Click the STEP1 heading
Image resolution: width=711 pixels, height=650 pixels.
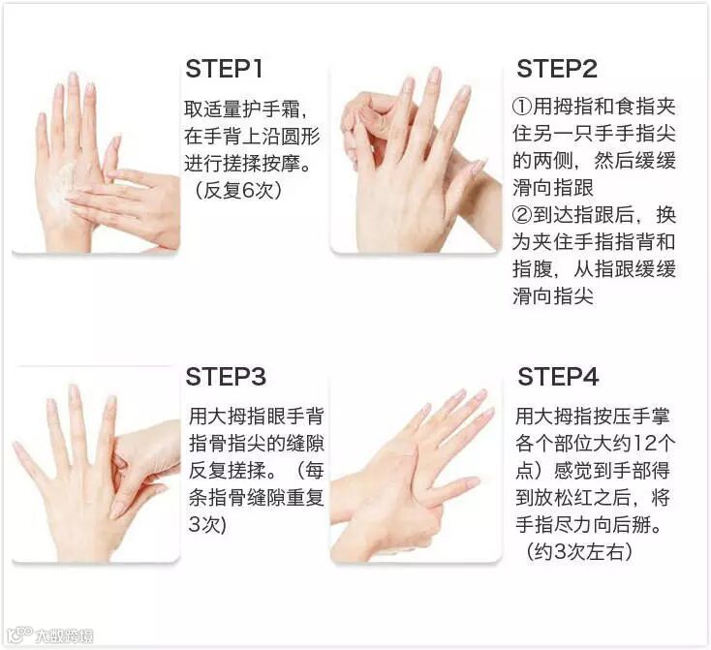(224, 69)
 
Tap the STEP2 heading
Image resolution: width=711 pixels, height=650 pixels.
(557, 69)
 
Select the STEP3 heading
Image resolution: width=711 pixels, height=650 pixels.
(226, 377)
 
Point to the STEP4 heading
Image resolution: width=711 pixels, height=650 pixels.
(558, 377)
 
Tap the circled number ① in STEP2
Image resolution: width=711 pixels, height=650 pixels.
(522, 108)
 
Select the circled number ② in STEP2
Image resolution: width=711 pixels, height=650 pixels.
(522, 215)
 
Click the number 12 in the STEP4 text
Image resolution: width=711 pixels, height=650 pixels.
(644, 443)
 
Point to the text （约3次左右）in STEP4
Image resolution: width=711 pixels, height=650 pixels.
(578, 552)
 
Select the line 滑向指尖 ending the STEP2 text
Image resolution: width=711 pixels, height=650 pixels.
(553, 296)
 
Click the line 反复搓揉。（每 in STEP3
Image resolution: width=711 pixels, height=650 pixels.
(256, 471)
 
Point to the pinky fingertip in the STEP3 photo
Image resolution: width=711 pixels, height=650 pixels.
(18, 447)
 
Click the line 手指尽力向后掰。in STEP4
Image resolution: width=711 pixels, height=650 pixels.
(588, 525)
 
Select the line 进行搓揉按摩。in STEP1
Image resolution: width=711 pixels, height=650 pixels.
(248, 164)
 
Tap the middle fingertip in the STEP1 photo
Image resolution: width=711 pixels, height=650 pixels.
(72, 78)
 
